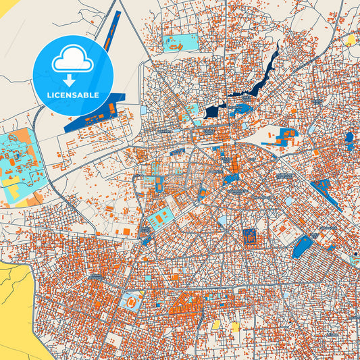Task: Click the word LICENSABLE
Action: [x=72, y=95]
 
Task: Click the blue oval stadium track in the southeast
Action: [x=303, y=247]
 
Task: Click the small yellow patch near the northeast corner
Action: [x=350, y=40]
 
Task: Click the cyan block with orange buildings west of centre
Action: [x=160, y=218]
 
